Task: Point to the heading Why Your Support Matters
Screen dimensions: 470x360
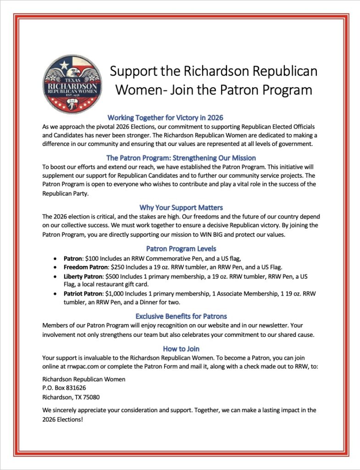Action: point(181,207)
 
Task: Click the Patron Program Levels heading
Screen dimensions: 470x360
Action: point(181,249)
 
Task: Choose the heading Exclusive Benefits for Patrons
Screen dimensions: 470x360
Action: point(181,316)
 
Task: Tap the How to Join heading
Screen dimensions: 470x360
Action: point(181,349)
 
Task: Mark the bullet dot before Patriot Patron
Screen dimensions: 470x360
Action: point(55,294)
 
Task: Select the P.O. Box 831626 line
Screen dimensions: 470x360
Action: point(64,388)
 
